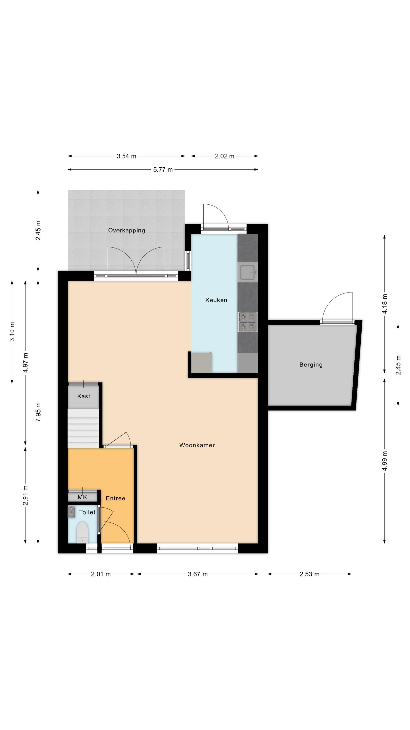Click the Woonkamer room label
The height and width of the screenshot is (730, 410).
[197, 445]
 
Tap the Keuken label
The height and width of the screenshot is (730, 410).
[216, 300]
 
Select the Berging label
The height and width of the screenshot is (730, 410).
[311, 365]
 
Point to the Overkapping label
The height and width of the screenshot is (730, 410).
[127, 230]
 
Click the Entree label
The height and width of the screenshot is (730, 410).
[115, 498]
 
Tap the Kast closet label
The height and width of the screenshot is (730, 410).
[84, 396]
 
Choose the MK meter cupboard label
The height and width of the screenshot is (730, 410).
[82, 497]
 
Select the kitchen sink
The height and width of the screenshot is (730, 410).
[248, 272]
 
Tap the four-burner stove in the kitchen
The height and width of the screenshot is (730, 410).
[248, 322]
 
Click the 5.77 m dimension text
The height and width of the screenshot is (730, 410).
[163, 169]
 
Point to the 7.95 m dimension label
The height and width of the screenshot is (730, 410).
[38, 412]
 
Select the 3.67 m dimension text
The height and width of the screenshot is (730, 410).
[198, 574]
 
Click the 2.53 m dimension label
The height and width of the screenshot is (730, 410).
[309, 574]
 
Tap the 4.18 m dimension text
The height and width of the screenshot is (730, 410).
[384, 303]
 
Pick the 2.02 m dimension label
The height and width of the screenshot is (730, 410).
[225, 156]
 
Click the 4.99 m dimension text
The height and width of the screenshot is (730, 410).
[384, 461]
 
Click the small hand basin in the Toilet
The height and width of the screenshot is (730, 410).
[72, 512]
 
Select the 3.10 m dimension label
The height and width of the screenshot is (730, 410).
[12, 332]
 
